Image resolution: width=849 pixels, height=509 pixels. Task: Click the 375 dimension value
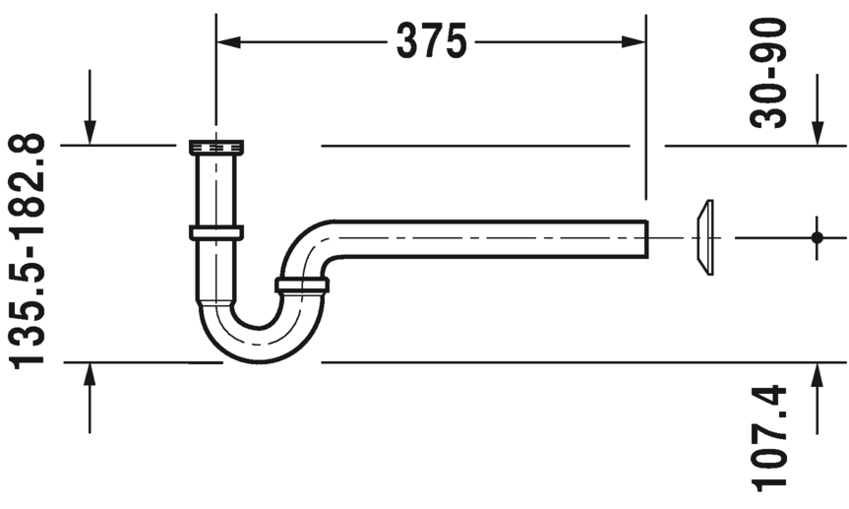pyautogui.click(x=431, y=40)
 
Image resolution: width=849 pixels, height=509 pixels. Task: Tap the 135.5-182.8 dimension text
pyautogui.click(x=28, y=251)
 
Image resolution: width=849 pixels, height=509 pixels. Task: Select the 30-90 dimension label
pyautogui.click(x=767, y=73)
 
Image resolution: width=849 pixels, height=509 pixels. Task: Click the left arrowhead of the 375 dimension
pyautogui.click(x=228, y=41)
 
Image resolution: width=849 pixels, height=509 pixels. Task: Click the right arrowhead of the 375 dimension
pyautogui.click(x=634, y=41)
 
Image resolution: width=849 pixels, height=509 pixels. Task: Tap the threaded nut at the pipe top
pyautogui.click(x=216, y=147)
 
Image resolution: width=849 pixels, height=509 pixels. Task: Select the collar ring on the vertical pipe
pyautogui.click(x=216, y=232)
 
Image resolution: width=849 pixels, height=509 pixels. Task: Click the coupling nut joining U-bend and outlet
pyautogui.click(x=302, y=286)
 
